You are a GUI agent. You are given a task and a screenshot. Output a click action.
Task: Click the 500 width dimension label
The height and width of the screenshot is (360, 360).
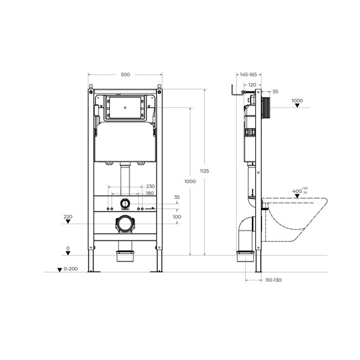125,75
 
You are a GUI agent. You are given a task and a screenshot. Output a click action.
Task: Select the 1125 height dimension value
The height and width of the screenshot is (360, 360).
205,171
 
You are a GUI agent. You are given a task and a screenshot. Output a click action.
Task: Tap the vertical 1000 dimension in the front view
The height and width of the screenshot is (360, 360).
190,181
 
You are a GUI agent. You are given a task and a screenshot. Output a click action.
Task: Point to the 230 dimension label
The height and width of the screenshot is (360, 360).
150,186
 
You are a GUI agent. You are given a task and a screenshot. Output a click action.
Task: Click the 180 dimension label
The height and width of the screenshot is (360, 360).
150,193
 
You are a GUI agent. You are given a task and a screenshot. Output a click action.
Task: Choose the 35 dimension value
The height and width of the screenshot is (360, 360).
177,198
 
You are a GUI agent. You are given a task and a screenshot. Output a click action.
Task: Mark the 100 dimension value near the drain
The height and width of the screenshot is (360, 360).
177,217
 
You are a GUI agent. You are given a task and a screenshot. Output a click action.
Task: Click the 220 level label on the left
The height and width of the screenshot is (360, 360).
68,217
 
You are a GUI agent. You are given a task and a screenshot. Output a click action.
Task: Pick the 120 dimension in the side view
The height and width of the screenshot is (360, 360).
251,84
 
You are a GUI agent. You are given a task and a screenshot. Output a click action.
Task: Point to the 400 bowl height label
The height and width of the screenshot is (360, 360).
297,191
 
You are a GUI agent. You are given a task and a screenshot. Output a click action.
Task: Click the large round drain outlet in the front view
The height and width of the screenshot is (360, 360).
125,223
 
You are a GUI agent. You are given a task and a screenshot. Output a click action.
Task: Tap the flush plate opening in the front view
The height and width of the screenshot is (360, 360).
125,108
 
